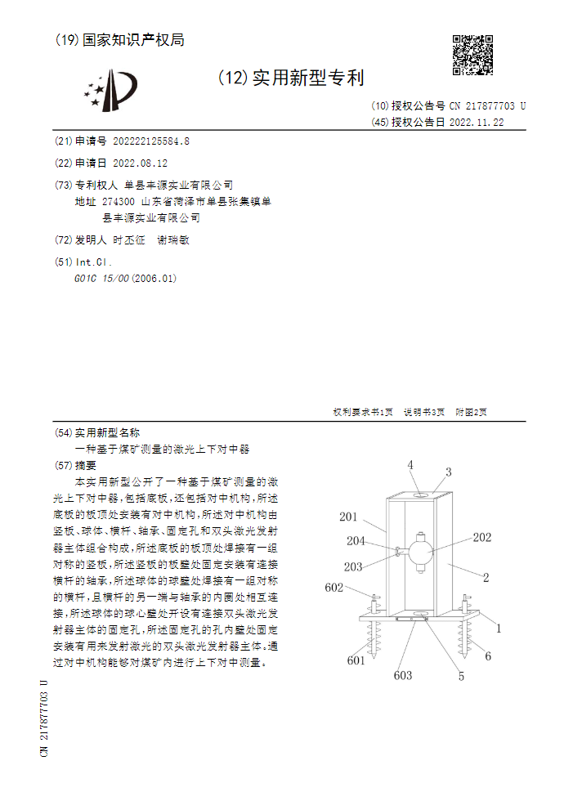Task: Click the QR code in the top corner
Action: tap(472, 55)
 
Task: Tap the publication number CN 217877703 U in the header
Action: tap(487, 106)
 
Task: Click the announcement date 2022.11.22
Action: tap(477, 123)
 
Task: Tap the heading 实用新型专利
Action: tap(307, 78)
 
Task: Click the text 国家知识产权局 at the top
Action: tap(132, 39)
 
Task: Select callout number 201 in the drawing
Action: tap(349, 517)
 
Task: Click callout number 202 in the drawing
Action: tap(482, 537)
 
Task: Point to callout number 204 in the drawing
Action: tap(356, 540)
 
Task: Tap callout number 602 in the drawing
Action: tap(334, 587)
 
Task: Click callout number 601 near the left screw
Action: tap(356, 660)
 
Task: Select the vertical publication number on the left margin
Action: tap(44, 718)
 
